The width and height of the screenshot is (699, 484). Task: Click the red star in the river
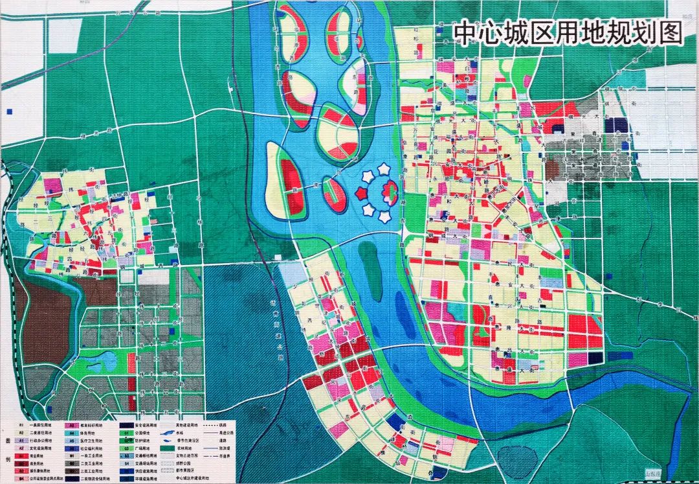(361, 193)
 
